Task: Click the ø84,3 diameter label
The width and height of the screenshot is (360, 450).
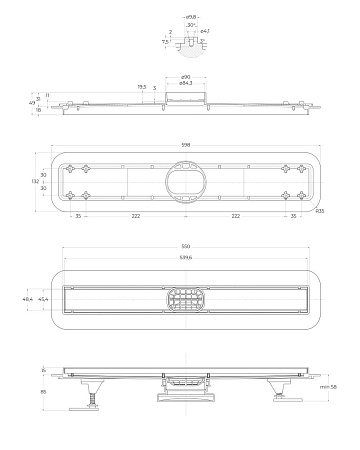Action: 186,83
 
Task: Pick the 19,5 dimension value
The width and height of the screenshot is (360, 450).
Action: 142,88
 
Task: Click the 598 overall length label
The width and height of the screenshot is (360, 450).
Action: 186,145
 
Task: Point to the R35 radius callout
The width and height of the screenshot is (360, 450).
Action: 319,211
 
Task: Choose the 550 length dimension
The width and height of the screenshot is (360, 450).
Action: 186,247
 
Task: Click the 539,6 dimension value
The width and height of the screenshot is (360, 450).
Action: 186,257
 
